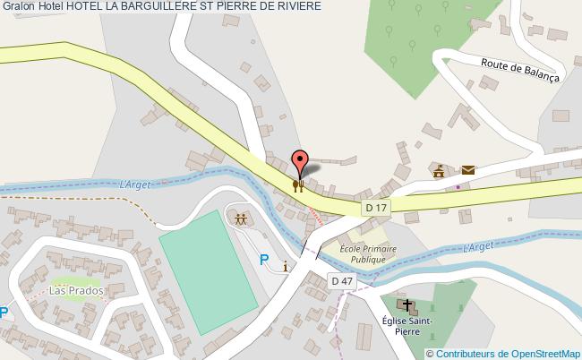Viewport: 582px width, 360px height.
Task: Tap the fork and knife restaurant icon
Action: pos(299,185)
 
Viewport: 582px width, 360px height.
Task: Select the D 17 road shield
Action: pos(376,208)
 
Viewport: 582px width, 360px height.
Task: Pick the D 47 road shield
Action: pos(341,280)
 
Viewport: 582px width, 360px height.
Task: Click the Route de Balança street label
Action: pos(519,70)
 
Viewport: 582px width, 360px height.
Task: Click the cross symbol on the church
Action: pos(412,305)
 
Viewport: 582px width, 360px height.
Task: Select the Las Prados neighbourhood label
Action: pos(77,291)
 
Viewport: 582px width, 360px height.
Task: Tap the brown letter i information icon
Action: pos(285,266)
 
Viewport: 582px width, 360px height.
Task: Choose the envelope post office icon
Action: pos(467,169)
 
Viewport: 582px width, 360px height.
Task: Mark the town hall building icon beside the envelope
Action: pos(439,170)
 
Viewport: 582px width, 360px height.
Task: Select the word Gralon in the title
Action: pos(18,7)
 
